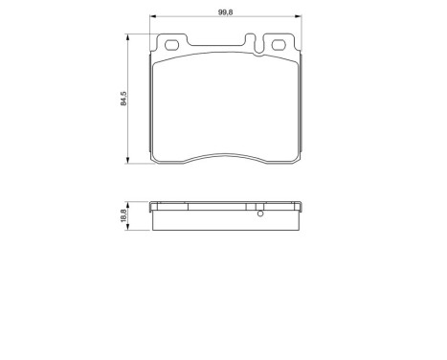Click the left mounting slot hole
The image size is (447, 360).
pyautogui.click(x=174, y=45)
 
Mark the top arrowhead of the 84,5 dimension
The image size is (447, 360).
pyautogui.click(x=130, y=37)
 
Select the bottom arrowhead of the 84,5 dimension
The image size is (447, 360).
pyautogui.click(x=130, y=161)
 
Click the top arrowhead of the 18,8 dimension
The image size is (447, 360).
pyautogui.click(x=130, y=204)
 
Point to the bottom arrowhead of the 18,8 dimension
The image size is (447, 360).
pyautogui.click(x=130, y=229)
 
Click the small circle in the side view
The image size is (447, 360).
pyautogui.click(x=259, y=213)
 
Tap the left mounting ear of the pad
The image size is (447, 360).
pyautogui.click(x=172, y=45)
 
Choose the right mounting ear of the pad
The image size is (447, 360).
pyautogui.click(x=279, y=45)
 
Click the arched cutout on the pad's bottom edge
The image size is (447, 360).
pyautogui.click(x=228, y=156)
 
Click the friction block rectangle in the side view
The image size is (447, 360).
pyautogui.click(x=228, y=220)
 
